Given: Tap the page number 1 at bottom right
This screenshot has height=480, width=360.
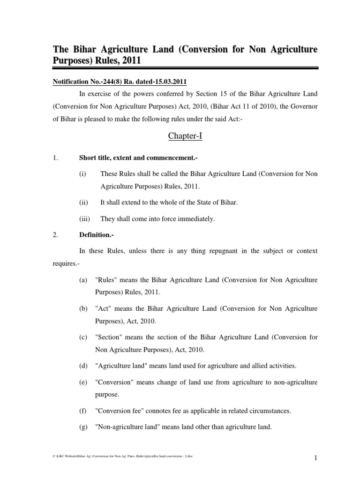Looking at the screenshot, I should (x=316, y=460).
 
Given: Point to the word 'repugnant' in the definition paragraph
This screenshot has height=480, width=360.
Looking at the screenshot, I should (x=222, y=251).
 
